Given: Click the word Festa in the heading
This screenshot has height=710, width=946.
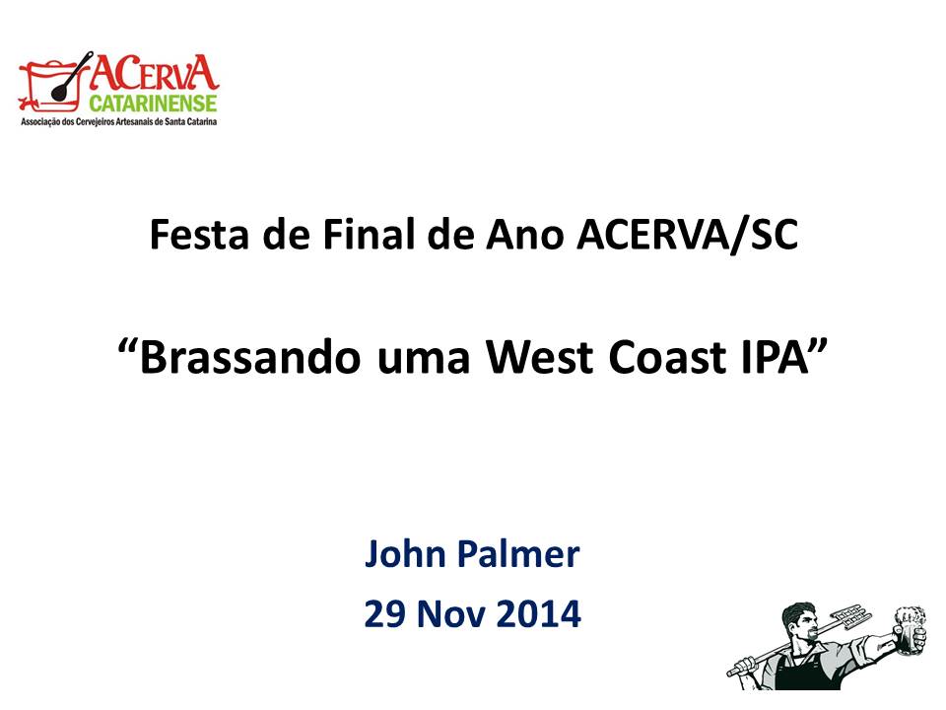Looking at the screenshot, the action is (199, 234).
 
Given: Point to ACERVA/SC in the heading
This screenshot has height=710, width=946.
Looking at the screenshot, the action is (687, 235).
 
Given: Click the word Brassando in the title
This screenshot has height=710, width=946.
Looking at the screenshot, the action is (249, 356).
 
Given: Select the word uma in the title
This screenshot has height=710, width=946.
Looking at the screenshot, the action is (424, 361).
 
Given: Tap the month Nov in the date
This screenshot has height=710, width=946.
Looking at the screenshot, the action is (451, 613).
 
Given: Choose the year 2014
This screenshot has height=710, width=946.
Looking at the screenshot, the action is (539, 613).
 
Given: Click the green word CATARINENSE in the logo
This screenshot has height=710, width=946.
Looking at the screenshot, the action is (154, 103).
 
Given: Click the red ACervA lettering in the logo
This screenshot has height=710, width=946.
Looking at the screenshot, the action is (155, 72).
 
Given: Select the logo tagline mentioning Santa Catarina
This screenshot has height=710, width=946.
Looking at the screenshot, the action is (119, 121).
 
